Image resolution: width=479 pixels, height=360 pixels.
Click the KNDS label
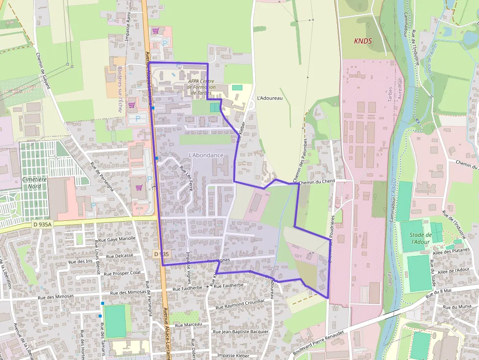coord(363,42)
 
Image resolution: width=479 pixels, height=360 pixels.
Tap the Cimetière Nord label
coord(35,183)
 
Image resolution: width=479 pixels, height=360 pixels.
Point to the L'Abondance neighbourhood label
coord(206,155)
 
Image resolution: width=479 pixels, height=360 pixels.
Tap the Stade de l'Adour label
coord(420,238)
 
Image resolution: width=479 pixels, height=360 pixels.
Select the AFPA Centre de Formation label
coord(201,87)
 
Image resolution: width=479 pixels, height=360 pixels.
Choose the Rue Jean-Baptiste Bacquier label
coord(240,332)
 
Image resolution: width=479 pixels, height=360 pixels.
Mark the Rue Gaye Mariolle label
coord(117,239)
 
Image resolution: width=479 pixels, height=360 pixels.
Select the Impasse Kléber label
coord(233,355)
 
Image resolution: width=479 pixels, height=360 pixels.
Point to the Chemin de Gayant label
coord(43,71)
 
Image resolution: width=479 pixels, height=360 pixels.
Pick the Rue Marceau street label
coord(188,324)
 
